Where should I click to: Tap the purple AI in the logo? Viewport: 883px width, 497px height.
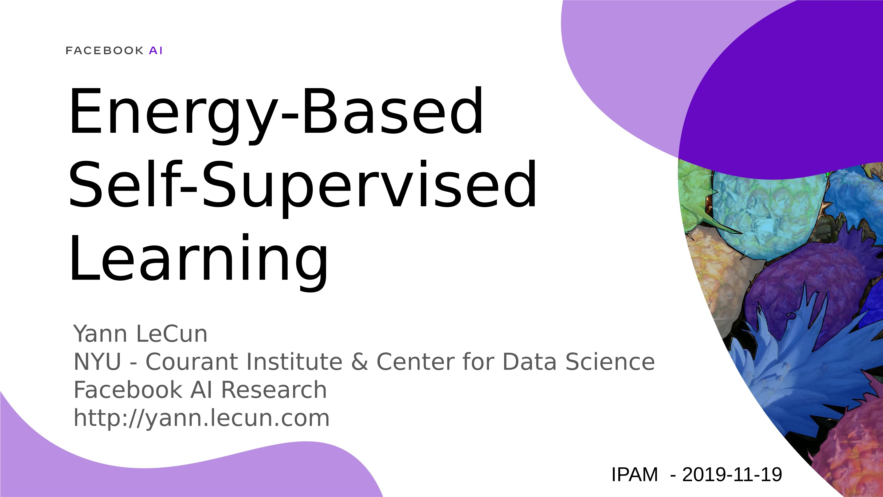coord(156,51)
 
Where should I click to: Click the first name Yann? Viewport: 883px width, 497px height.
coord(100,334)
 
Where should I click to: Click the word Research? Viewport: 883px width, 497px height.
coord(274,390)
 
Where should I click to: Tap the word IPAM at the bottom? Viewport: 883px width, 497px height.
coord(634,475)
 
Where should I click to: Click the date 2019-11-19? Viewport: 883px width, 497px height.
coord(732,475)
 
